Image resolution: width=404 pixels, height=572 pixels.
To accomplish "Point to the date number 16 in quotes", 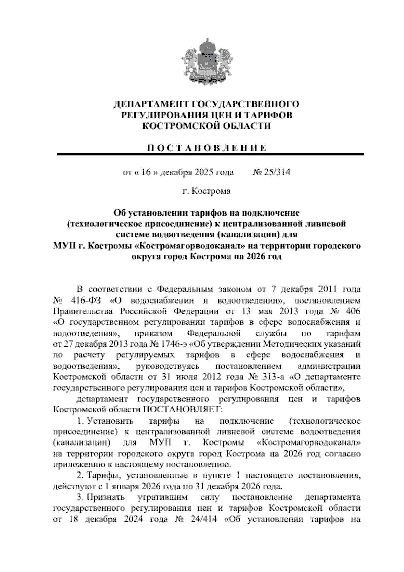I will pyautogui.click(x=145, y=172).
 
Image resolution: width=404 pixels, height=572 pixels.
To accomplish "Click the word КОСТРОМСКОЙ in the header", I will pyautogui.click(x=175, y=126).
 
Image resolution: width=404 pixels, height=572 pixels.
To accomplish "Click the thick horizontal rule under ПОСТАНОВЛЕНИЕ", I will pyautogui.click(x=210, y=154).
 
